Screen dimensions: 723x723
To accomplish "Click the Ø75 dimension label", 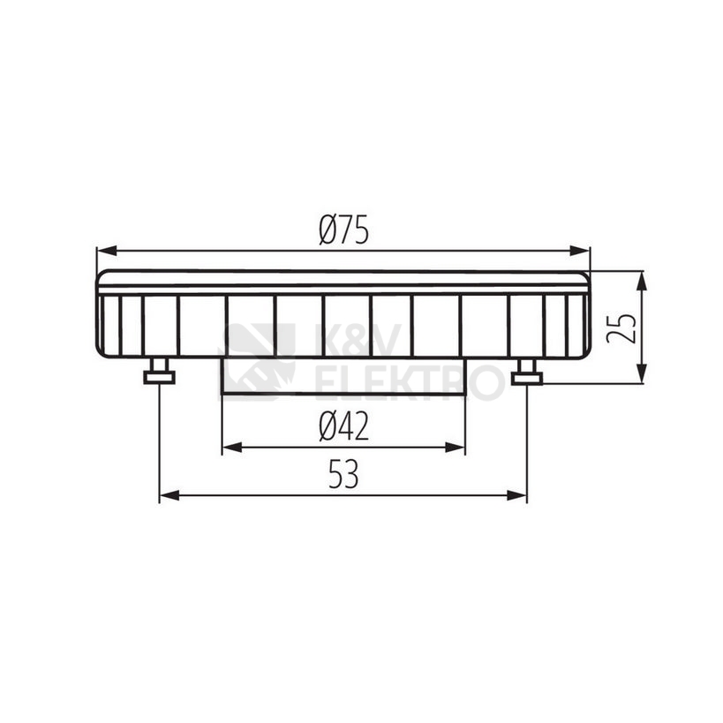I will [343, 231].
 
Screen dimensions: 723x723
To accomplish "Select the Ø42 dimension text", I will [343, 428].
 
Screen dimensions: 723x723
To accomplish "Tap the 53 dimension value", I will [343, 476].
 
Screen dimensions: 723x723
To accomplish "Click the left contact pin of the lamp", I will [160, 373].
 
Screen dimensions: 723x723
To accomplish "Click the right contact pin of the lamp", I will [526, 373].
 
